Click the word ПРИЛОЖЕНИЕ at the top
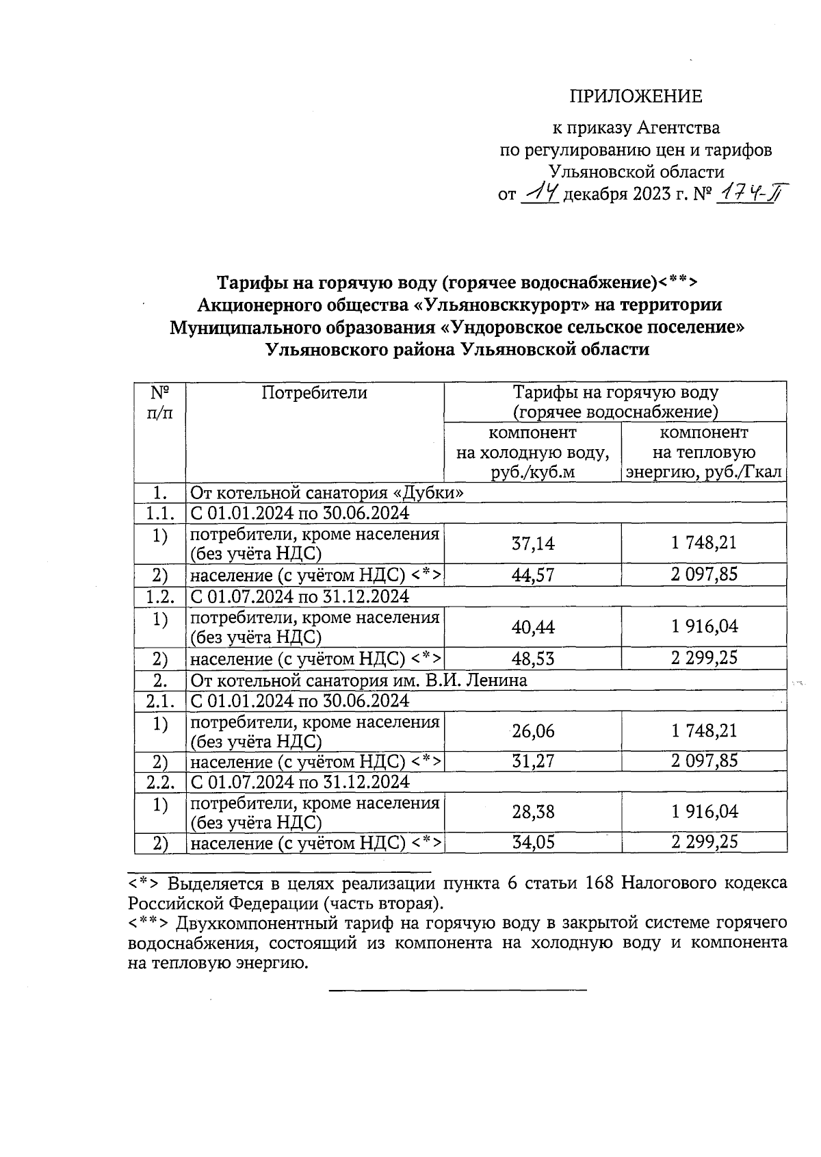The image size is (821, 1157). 636,97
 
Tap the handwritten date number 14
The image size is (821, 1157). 540,195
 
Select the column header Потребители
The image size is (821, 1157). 314,393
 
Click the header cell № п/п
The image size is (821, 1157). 159,403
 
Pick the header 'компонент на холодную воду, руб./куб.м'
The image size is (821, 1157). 532,453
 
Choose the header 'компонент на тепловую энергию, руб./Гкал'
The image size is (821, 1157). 703,453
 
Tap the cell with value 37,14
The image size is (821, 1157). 533,544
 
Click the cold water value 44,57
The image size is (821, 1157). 533,574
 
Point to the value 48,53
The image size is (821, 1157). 533,659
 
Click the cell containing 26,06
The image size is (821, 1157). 533,731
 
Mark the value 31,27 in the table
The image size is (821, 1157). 533,761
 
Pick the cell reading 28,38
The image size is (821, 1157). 533,812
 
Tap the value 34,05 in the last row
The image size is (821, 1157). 533,842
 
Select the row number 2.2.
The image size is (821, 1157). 160,782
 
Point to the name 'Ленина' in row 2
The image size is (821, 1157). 499,681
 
